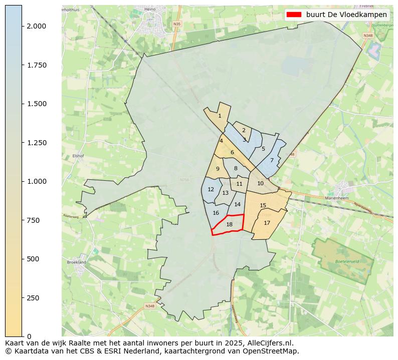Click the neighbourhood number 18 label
click(230, 224)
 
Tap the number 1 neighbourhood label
click(220, 116)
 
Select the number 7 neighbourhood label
click(272, 160)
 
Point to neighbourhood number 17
click(267, 223)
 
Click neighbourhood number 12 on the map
click(211, 189)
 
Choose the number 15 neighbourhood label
click(263, 205)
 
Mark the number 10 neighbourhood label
click(260, 183)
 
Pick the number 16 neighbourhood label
click(216, 213)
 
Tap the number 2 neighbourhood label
click(244, 130)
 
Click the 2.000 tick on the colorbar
click(37, 26)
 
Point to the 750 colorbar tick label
click(33, 220)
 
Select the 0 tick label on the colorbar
click(29, 336)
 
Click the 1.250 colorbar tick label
click(37, 143)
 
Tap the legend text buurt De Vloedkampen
click(346, 15)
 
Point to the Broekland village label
click(76, 262)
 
